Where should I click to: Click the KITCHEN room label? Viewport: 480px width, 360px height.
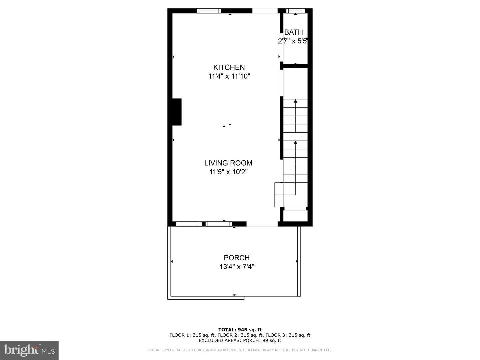(x=229, y=67)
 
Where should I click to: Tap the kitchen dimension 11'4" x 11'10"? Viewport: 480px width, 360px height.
(x=229, y=76)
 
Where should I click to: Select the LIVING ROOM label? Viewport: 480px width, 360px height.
(x=228, y=163)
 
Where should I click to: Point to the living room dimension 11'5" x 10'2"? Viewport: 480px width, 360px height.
(x=228, y=172)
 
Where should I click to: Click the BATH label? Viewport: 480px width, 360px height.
(x=293, y=32)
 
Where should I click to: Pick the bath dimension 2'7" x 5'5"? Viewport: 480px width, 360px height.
(x=292, y=41)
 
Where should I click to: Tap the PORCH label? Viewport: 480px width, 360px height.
(x=237, y=258)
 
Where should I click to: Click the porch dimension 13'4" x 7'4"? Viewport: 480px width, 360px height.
(x=237, y=267)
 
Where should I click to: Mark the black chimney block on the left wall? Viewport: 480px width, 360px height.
(x=177, y=112)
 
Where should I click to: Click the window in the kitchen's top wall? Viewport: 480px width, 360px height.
(x=209, y=11)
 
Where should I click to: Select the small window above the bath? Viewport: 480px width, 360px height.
(x=296, y=11)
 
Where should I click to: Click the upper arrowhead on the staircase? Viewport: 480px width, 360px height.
(x=295, y=101)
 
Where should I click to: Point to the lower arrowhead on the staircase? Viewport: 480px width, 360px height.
(x=295, y=143)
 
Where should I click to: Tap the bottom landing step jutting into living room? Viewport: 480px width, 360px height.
(x=279, y=195)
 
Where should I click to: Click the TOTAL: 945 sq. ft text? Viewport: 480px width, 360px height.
(x=240, y=330)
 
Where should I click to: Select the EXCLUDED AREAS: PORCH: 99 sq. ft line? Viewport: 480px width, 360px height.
(x=240, y=340)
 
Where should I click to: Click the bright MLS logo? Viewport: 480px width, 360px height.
(x=29, y=350)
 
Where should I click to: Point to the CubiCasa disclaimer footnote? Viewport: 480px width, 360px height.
(x=240, y=350)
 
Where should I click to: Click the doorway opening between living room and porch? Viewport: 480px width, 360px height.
(x=262, y=224)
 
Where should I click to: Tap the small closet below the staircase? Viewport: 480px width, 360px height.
(x=295, y=215)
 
